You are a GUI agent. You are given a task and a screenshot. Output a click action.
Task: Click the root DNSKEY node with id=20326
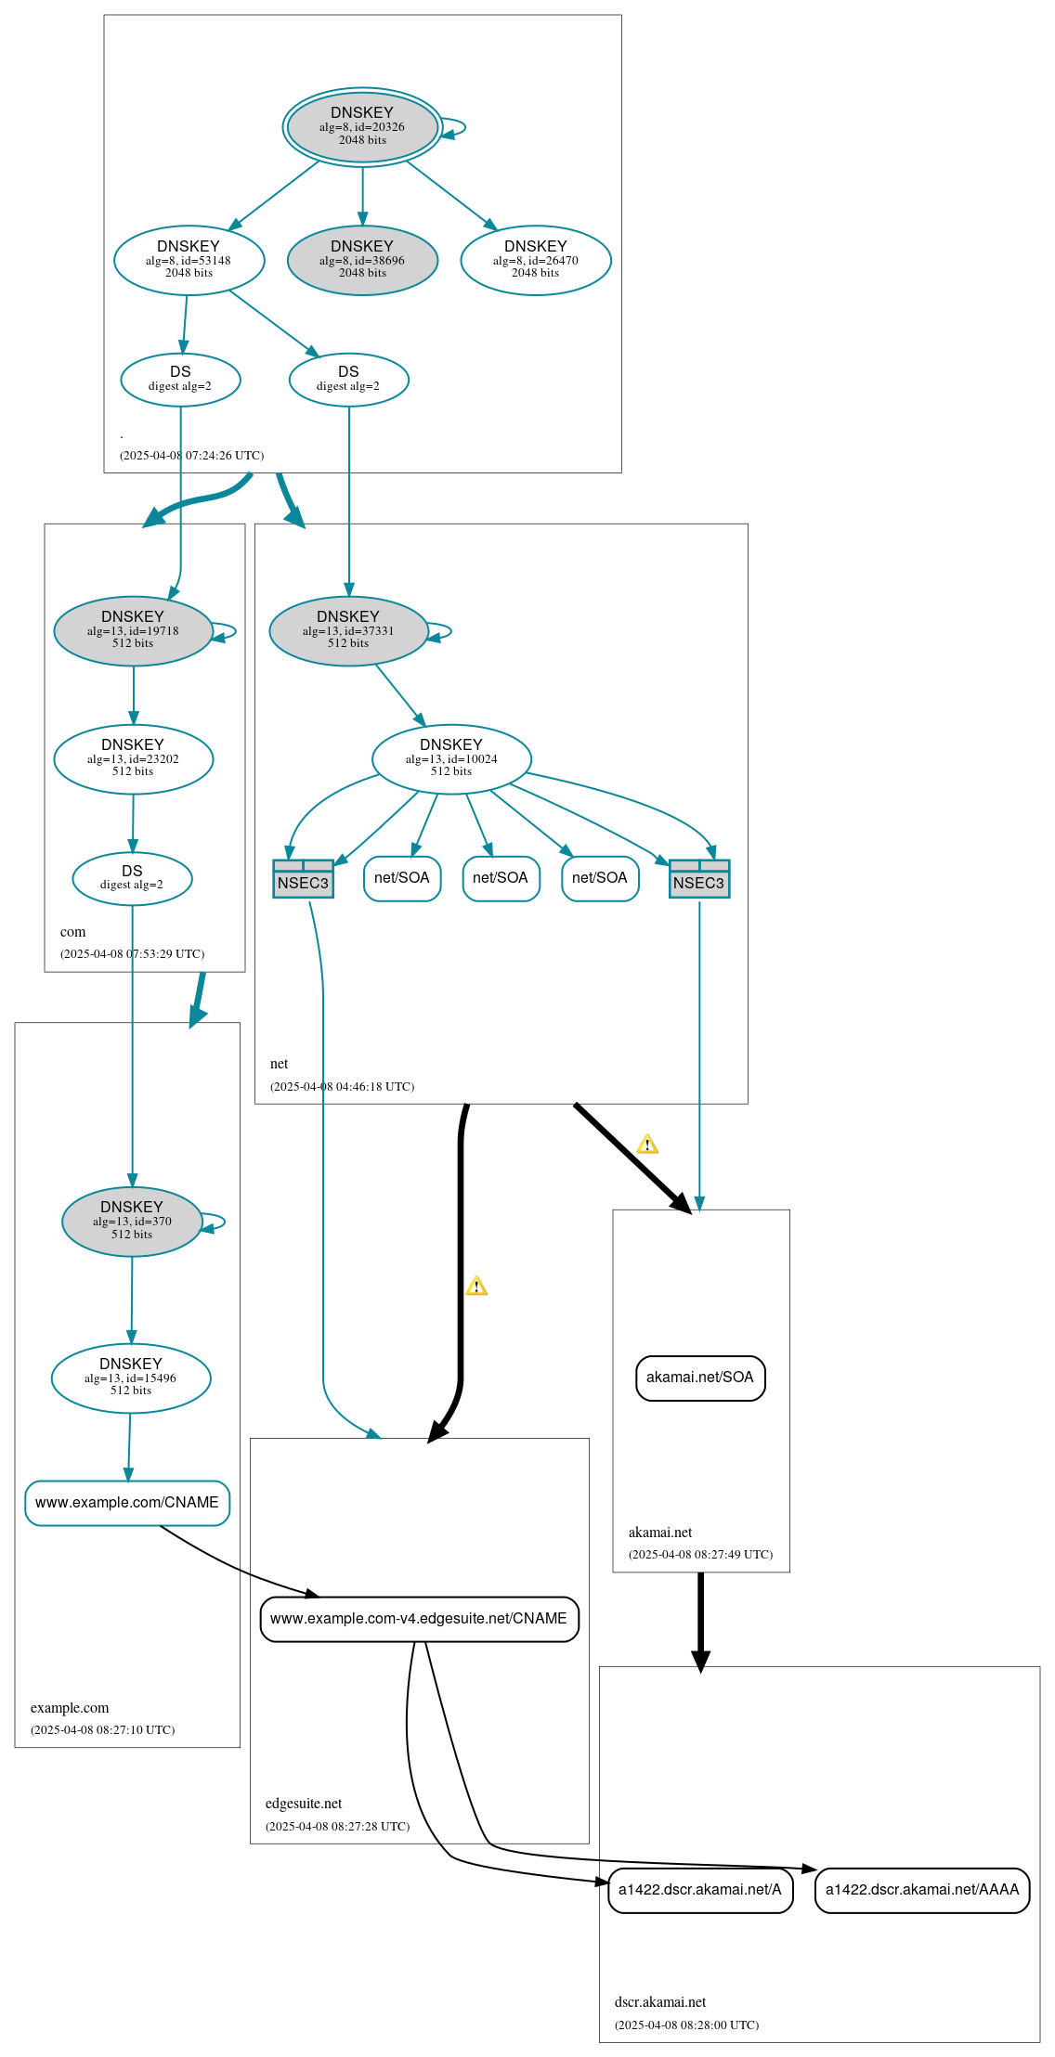(362, 127)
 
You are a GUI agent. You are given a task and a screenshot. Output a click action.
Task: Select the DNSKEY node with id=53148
(189, 260)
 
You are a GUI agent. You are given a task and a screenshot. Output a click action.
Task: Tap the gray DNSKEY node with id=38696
(362, 260)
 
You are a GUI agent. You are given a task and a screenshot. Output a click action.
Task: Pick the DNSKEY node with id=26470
(536, 260)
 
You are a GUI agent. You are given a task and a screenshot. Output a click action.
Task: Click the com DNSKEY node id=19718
(133, 631)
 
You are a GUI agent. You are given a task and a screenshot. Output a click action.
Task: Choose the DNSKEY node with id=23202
(133, 759)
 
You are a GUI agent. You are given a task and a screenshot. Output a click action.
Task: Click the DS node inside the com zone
(132, 878)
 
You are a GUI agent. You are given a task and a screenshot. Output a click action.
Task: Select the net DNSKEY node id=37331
(348, 631)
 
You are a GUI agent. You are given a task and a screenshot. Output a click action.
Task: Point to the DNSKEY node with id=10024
(451, 759)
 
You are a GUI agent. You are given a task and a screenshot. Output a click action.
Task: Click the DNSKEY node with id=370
(132, 1222)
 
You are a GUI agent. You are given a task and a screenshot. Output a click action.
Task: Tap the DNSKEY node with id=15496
(131, 1378)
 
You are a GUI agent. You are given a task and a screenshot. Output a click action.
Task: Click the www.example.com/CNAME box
(127, 1503)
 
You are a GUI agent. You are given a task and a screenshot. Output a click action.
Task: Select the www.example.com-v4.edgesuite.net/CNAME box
(419, 1619)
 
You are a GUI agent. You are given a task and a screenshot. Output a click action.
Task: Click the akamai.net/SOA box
(700, 1378)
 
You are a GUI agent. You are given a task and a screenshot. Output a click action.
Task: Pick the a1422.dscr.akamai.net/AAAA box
(922, 1890)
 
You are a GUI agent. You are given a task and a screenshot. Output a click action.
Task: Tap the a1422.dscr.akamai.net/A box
(700, 1890)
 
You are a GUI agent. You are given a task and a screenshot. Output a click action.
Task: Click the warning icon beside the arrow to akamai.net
(647, 1145)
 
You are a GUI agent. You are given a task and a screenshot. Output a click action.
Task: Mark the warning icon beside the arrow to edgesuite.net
(476, 1287)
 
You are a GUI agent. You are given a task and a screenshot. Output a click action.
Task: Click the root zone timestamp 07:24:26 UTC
(191, 456)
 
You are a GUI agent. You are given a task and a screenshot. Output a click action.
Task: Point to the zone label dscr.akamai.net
(660, 2002)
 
